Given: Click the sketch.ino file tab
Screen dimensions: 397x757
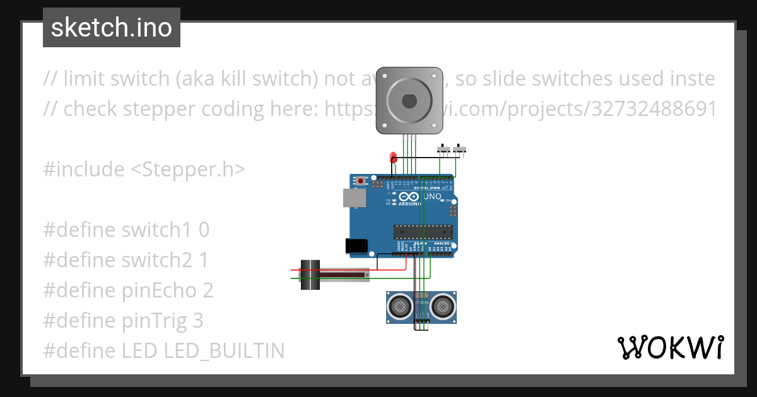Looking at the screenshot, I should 111,28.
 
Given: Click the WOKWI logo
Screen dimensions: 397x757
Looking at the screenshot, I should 669,347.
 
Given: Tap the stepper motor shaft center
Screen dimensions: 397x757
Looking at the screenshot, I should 407,100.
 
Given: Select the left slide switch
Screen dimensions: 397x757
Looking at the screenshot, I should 445,149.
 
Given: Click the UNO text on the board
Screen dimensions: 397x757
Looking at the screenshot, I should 431,197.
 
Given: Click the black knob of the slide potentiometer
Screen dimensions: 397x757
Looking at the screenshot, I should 310,275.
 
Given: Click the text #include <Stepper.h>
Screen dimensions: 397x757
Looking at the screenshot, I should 144,170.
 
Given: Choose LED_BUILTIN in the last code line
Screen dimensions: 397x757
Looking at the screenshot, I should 224,351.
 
